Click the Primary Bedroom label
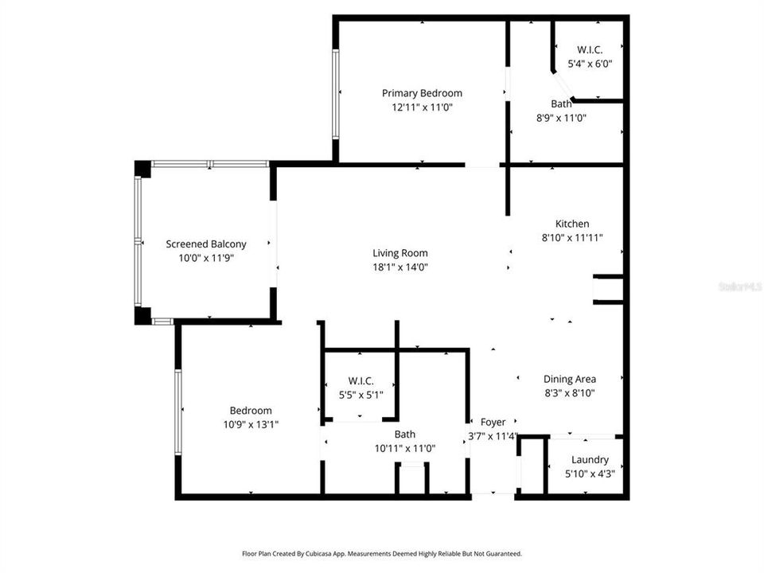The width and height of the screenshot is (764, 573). click(422, 93)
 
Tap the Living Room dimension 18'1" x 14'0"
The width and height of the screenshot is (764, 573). click(400, 267)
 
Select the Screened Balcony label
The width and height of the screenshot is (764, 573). click(206, 244)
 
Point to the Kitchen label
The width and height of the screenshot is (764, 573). click(572, 224)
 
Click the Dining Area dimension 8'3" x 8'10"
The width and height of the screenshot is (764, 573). click(570, 392)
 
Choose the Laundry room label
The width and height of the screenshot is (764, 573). click(590, 459)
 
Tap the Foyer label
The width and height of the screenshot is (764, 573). click(493, 422)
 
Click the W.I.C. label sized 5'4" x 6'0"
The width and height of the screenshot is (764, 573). click(590, 49)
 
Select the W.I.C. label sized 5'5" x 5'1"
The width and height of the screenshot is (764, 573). click(361, 380)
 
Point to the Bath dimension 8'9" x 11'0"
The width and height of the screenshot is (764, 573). click(561, 118)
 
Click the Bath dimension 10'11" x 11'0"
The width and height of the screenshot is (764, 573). click(405, 448)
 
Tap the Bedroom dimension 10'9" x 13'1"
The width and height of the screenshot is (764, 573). click(251, 424)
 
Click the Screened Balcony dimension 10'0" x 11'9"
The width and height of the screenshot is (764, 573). click(206, 258)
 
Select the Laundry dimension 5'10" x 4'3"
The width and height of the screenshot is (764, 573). click(590, 473)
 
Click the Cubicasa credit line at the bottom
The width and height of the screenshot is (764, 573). click(382, 553)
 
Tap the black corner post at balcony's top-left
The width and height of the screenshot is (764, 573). click(142, 169)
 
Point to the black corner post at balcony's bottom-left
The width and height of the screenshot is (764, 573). click(142, 315)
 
